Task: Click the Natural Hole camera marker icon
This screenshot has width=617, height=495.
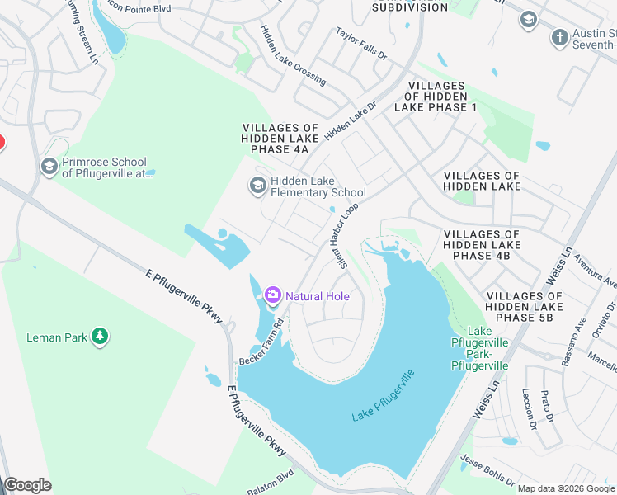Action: [273, 295]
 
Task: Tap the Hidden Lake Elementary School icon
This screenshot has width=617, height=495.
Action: [258, 186]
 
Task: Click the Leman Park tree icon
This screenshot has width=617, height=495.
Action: [100, 337]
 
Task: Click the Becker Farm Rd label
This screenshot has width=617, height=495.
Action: [262, 342]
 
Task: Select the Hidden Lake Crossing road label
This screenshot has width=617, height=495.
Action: [292, 55]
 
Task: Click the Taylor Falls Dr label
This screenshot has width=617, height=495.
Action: [361, 43]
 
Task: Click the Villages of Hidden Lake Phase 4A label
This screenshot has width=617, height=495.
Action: [275, 139]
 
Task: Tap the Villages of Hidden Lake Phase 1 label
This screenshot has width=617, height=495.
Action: [436, 97]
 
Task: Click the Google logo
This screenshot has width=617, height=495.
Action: [27, 485]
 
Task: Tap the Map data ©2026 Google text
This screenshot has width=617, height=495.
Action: [565, 488]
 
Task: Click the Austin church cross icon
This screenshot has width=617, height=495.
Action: [560, 37]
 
